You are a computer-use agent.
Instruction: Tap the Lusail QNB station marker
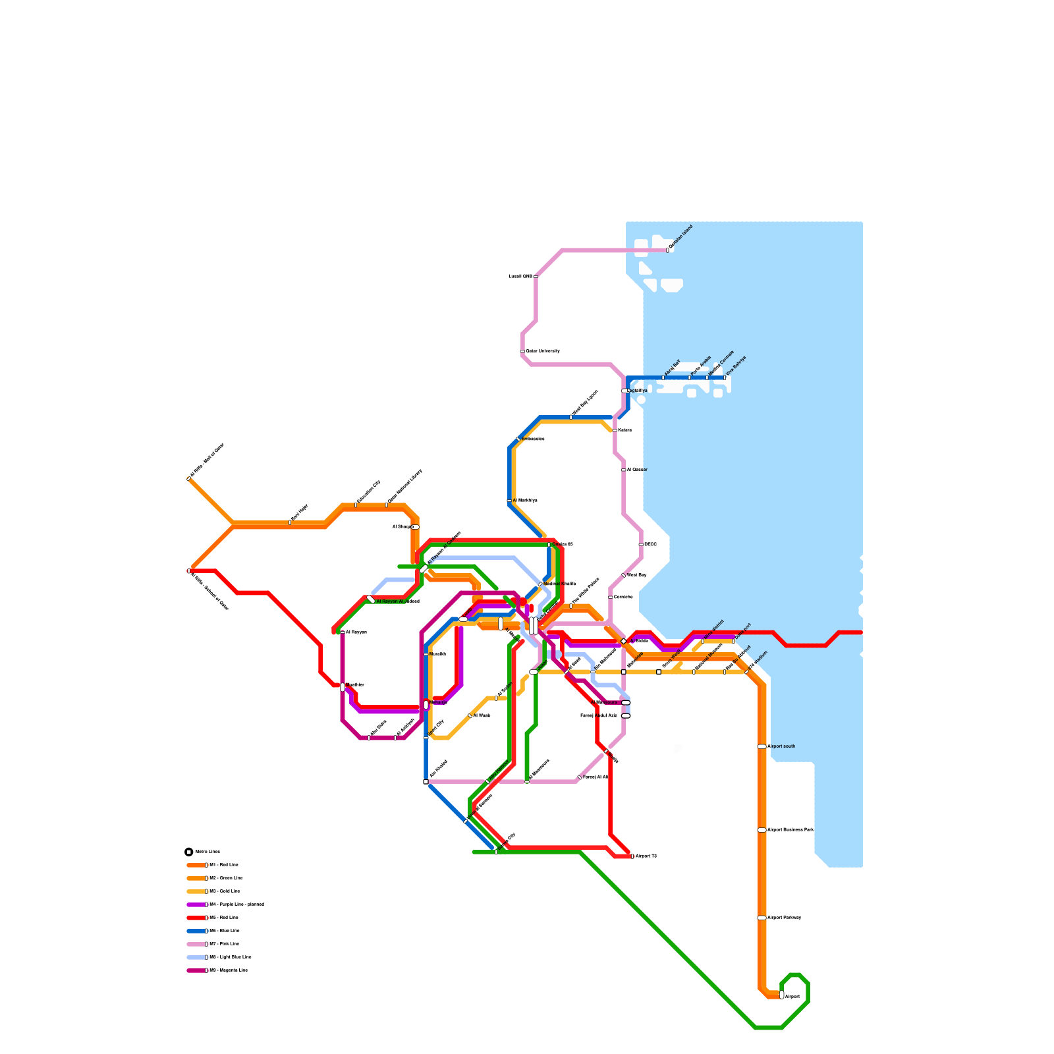click(536, 277)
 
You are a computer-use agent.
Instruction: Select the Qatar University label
click(543, 351)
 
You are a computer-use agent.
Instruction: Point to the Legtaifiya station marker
click(625, 391)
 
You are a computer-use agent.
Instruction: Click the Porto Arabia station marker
click(690, 377)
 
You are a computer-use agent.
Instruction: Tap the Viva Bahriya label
click(736, 366)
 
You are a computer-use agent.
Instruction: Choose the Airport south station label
click(781, 746)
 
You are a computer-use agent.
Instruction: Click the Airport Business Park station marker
click(762, 830)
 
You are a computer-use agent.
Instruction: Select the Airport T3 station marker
click(632, 856)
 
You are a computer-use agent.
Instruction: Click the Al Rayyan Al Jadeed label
click(398, 601)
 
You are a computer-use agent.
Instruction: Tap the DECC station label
click(650, 544)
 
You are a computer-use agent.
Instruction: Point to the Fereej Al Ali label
click(596, 777)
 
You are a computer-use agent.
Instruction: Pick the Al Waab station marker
click(470, 715)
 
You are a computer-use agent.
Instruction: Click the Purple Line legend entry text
click(236, 904)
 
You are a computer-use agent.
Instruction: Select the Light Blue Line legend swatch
click(196, 957)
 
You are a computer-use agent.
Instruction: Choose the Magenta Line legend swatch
click(196, 970)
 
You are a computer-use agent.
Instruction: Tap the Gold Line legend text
click(225, 891)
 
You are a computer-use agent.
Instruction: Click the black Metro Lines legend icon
click(189, 852)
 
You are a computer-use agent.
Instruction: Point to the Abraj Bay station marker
click(663, 377)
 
